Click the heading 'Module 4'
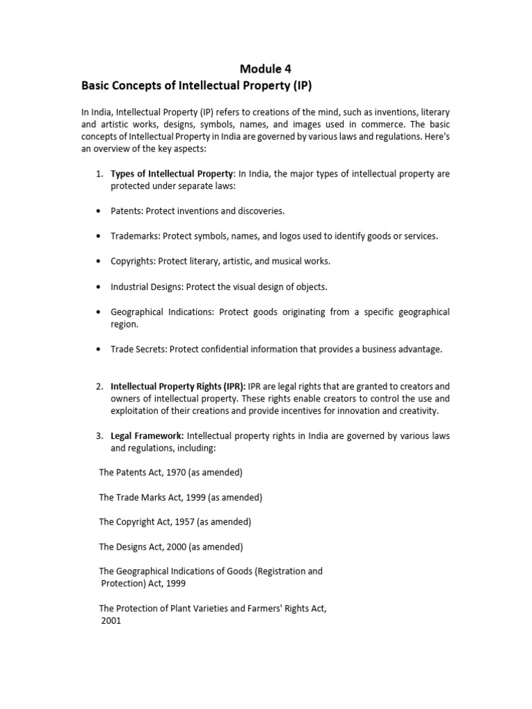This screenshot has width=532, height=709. click(x=266, y=69)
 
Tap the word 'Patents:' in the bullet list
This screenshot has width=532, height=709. click(x=127, y=210)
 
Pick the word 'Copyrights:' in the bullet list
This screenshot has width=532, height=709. click(x=133, y=261)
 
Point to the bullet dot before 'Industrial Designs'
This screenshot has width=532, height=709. click(x=100, y=287)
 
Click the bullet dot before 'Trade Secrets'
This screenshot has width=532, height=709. click(x=100, y=350)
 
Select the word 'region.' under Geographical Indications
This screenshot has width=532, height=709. click(x=125, y=324)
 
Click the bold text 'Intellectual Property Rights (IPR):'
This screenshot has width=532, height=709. click(x=178, y=386)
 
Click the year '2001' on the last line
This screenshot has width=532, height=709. click(x=111, y=621)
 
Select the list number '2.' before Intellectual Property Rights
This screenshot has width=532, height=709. click(x=100, y=386)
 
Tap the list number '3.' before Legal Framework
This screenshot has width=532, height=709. click(x=100, y=436)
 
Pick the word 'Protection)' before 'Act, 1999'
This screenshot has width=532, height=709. click(x=125, y=584)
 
